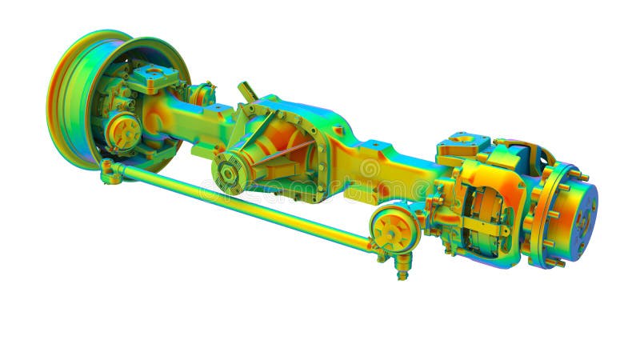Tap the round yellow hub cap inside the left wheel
tap(122, 130)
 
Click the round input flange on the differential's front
tap(228, 172)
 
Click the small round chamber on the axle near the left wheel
tap(202, 94)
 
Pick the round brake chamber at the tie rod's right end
tap(395, 229)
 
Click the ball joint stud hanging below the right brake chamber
tap(402, 267)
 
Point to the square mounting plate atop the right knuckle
tap(462, 146)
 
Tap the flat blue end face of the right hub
tap(581, 212)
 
